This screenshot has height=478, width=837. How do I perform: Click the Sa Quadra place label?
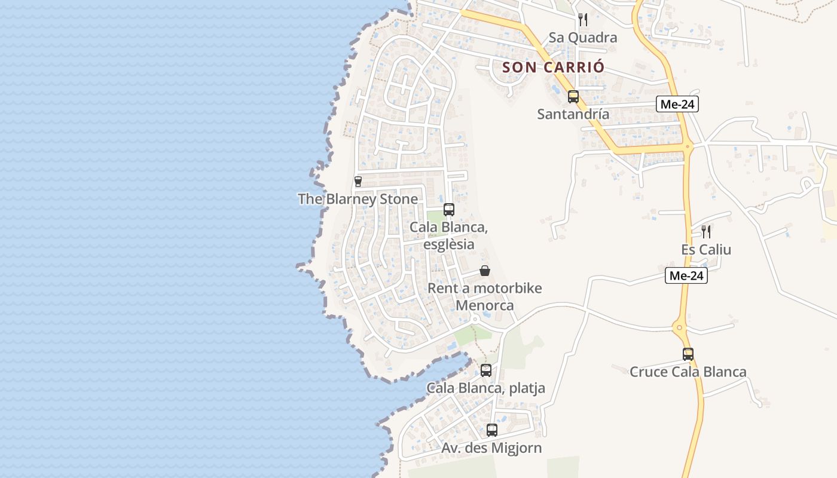pyautogui.click(x=583, y=38)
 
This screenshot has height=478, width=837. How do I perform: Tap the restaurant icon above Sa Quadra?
pyautogui.click(x=583, y=20)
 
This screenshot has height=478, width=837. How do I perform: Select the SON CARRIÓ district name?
pyautogui.click(x=554, y=67)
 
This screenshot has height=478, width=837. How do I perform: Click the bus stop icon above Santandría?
pyautogui.click(x=573, y=96)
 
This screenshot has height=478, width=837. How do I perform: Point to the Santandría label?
pyautogui.click(x=573, y=114)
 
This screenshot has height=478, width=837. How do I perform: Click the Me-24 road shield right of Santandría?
pyautogui.click(x=678, y=104)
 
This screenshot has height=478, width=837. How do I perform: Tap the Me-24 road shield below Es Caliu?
pyautogui.click(x=686, y=275)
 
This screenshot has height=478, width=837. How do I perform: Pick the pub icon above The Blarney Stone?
pyautogui.click(x=358, y=181)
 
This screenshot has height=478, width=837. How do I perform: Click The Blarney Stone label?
pyautogui.click(x=358, y=199)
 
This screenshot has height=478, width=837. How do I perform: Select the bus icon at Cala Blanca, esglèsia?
pyautogui.click(x=449, y=210)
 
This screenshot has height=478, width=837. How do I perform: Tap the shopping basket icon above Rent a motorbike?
pyautogui.click(x=485, y=271)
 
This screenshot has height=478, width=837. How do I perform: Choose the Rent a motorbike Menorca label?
pyautogui.click(x=485, y=296)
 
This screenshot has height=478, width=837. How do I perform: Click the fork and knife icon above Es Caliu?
pyautogui.click(x=706, y=231)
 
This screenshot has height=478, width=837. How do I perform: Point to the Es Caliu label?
pyautogui.click(x=706, y=249)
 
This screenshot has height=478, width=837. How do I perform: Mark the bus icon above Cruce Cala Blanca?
pyautogui.click(x=688, y=354)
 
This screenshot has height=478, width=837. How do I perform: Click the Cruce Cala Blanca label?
pyautogui.click(x=688, y=372)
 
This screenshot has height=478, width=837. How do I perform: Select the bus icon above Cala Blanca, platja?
pyautogui.click(x=486, y=370)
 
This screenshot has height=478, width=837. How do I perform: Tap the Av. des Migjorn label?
pyautogui.click(x=492, y=448)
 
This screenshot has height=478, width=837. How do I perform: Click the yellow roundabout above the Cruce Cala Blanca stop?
pyautogui.click(x=679, y=327)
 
